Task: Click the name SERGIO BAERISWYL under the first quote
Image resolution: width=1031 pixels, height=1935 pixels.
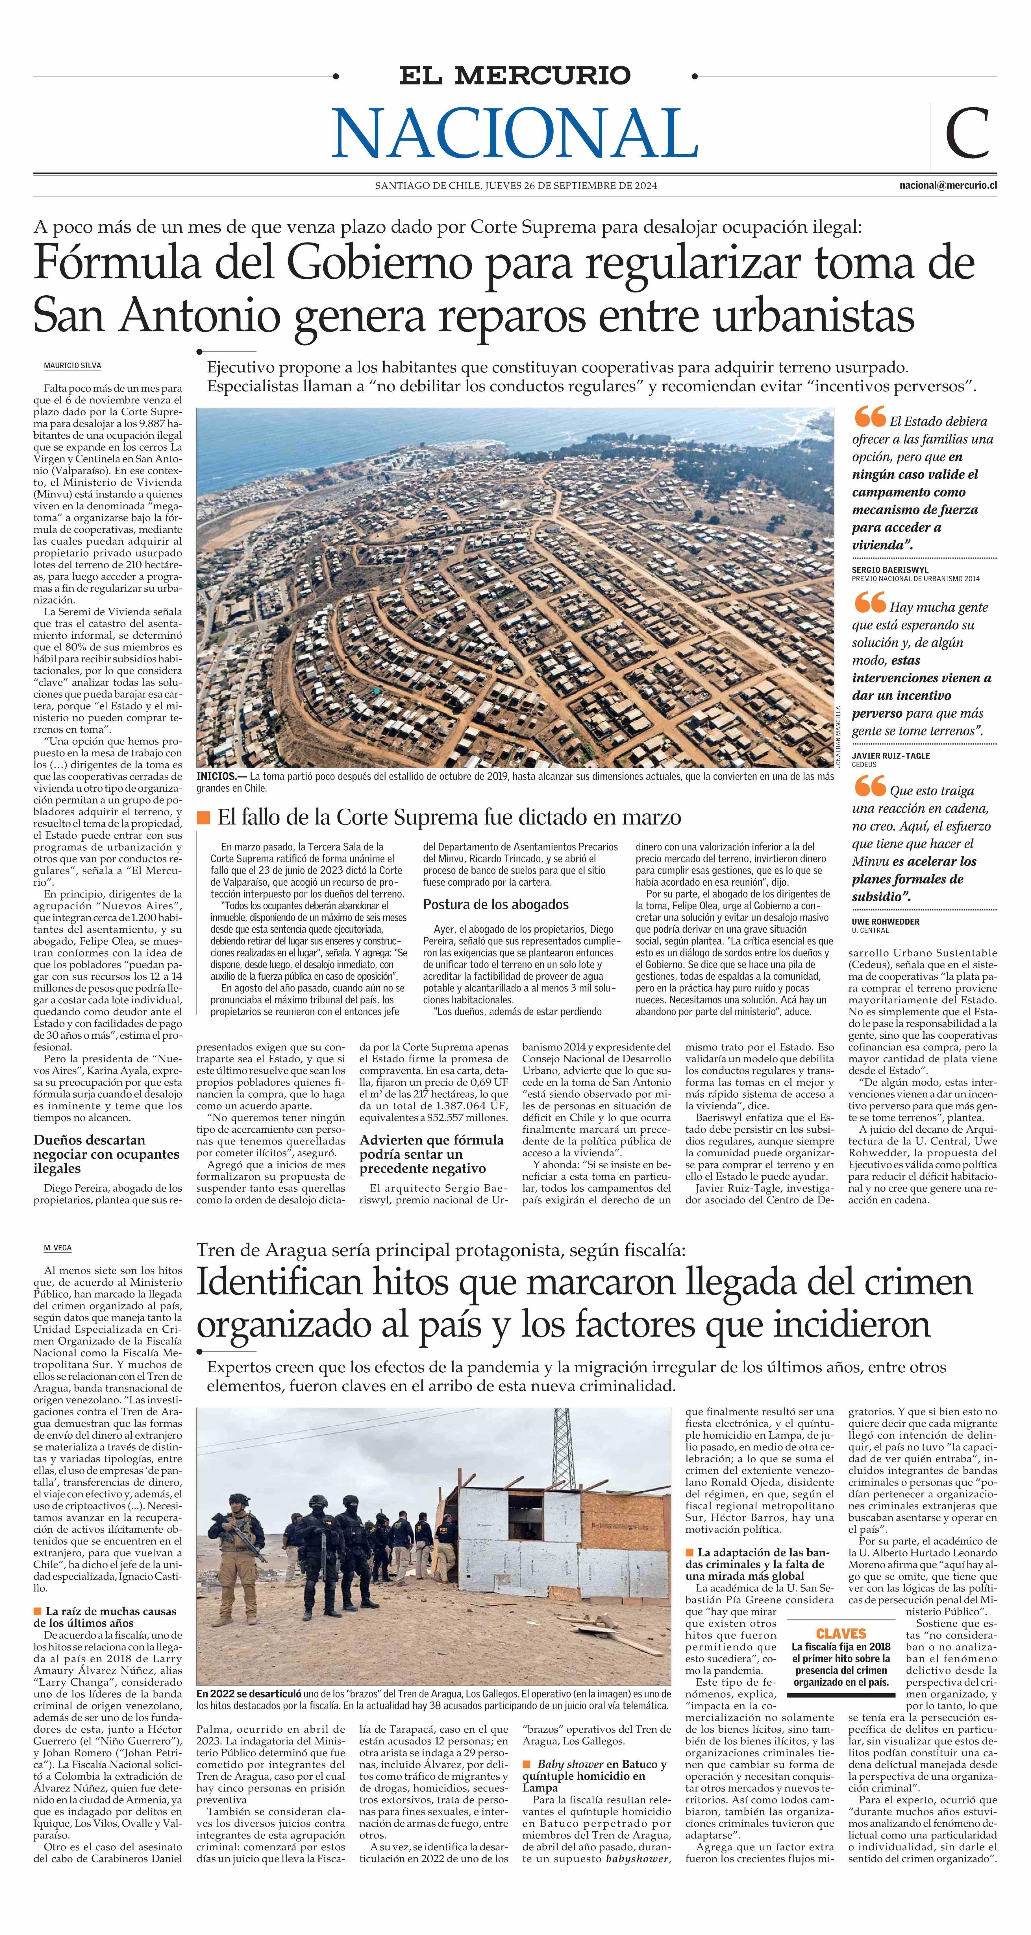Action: tap(889, 570)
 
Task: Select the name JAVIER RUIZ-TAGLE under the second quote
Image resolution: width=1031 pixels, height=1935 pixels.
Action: tap(891, 756)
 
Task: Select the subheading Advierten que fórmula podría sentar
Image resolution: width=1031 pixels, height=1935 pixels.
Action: tap(431, 1154)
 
